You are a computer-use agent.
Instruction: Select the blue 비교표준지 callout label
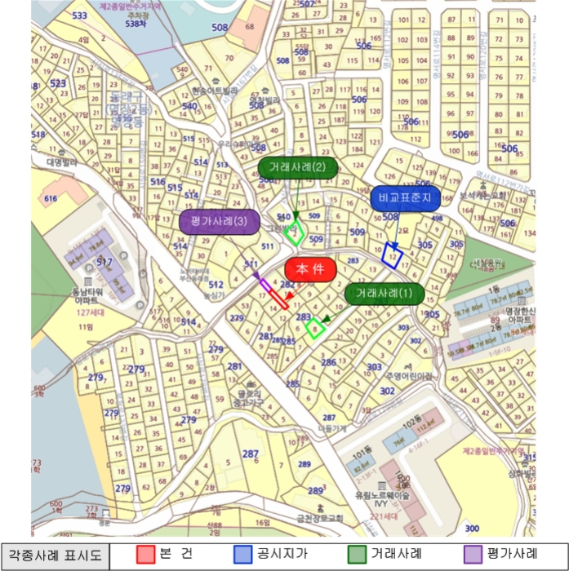(x=404, y=199)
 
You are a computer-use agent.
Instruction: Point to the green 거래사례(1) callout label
(x=385, y=294)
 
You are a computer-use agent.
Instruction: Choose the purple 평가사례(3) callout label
(x=219, y=222)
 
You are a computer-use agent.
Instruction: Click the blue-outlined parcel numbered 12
(x=393, y=255)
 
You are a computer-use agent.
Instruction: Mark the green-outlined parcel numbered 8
(x=314, y=329)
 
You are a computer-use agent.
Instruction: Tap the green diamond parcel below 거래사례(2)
(x=297, y=232)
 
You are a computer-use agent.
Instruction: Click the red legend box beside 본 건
(x=144, y=555)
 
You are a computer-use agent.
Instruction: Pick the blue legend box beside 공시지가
(x=242, y=555)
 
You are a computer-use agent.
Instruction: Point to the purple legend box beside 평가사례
(x=471, y=555)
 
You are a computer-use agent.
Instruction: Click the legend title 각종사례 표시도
(x=55, y=556)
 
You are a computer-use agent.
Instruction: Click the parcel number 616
(x=51, y=198)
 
